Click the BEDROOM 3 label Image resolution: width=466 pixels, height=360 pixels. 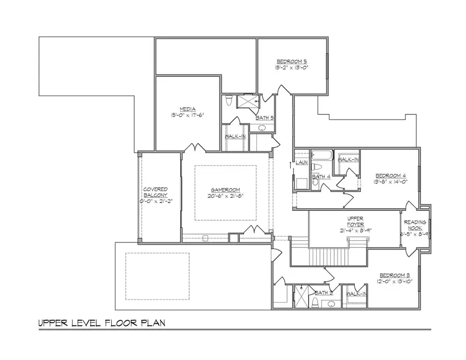[395, 275]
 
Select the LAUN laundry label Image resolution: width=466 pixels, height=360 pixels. [302, 163]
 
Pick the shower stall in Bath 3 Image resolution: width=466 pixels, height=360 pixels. [300, 296]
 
